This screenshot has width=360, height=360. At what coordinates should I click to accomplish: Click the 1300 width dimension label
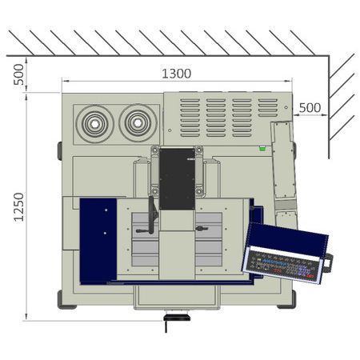pyautogui.click(x=177, y=73)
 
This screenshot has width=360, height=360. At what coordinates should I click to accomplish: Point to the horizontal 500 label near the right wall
pyautogui.click(x=310, y=107)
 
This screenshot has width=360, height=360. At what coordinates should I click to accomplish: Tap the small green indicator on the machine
pyautogui.click(x=262, y=148)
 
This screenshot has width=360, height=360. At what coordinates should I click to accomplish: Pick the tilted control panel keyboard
pyautogui.click(x=284, y=255)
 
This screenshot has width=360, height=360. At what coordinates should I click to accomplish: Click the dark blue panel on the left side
pyautogui.click(x=98, y=240)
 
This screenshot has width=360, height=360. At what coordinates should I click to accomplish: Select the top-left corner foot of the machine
pyautogui.click(x=59, y=150)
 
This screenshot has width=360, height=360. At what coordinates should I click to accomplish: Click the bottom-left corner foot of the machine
pyautogui.click(x=61, y=298)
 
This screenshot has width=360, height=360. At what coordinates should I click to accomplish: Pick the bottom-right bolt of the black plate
pyautogui.click(x=198, y=192)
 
